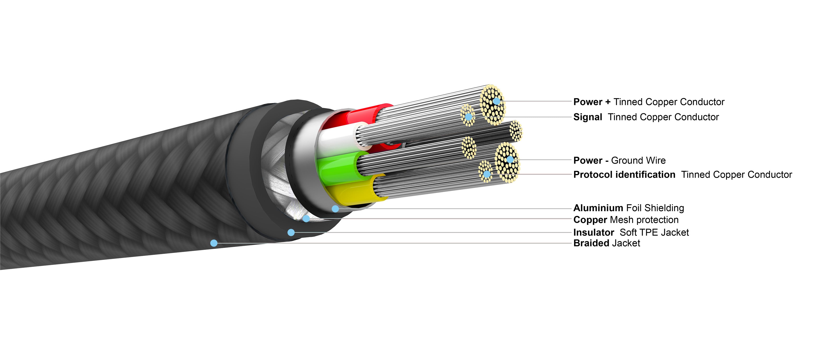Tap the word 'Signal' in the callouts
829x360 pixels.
click(x=587, y=117)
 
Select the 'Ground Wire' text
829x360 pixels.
click(x=638, y=160)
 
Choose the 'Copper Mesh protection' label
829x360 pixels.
click(x=626, y=220)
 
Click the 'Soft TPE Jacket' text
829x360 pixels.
click(x=654, y=233)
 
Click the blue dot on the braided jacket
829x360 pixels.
click(x=214, y=243)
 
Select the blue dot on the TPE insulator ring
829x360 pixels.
click(x=291, y=232)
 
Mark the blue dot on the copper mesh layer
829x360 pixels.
click(x=306, y=219)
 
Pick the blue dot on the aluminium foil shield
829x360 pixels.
click(x=335, y=209)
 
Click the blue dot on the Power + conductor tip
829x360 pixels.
click(x=497, y=101)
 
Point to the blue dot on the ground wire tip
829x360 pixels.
click(x=510, y=159)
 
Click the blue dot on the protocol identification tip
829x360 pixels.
click(x=487, y=174)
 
